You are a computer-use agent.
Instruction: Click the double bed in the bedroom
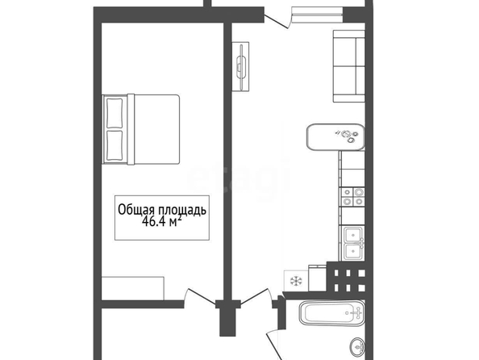(x=141, y=129)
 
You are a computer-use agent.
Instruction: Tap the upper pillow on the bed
(x=115, y=113)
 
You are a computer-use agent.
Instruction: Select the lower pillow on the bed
(x=115, y=145)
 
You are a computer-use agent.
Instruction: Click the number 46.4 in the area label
(x=153, y=221)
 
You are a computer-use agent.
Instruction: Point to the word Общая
(x=137, y=210)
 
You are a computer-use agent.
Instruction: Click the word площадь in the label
(x=182, y=211)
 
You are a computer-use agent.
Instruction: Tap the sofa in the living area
(x=349, y=65)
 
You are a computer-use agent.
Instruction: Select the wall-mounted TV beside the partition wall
(x=241, y=66)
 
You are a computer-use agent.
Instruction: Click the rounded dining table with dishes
(x=335, y=136)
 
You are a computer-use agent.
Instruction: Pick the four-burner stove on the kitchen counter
(x=353, y=196)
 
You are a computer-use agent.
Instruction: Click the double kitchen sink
(x=354, y=244)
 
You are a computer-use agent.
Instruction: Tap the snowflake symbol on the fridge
(x=296, y=281)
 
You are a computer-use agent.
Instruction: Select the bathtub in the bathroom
(x=332, y=313)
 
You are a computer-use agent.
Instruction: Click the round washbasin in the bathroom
(x=357, y=346)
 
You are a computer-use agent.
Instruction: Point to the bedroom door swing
(x=200, y=296)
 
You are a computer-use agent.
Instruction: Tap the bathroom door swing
(x=275, y=344)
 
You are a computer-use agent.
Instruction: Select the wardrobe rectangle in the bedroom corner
(x=133, y=288)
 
